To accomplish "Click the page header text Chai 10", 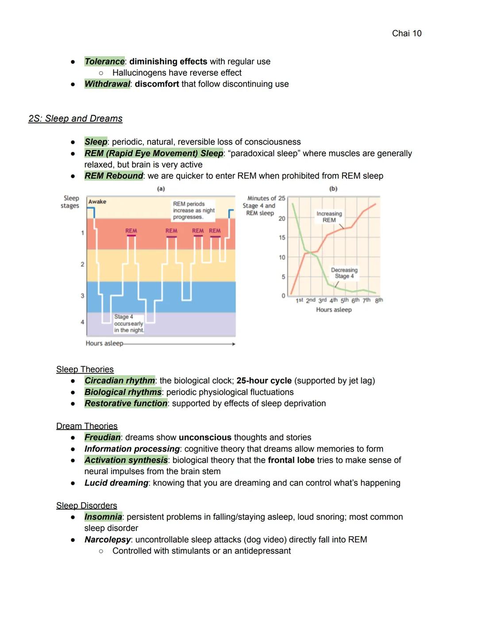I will coord(406,33).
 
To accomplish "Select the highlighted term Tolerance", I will coord(104,61).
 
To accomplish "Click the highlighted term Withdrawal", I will coord(107,84).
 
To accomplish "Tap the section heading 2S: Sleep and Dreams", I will coord(75,119).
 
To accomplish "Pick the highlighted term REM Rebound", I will coord(114,176).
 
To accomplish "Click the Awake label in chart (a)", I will coord(97,202).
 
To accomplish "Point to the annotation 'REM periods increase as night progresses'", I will coord(194,211).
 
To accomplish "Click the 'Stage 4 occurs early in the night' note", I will coord(128,323).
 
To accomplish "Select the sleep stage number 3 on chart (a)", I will coord(82,296).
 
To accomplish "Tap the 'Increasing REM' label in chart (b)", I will coord(329,217).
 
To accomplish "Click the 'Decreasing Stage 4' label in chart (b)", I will coord(344,273).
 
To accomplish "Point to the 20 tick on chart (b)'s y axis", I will coord(282,219).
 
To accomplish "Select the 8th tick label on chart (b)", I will coord(379,300).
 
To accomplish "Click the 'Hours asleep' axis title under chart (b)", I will coord(334,310).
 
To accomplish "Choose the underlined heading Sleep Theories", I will coord(85,369).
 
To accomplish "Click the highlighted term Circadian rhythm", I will coord(119,381).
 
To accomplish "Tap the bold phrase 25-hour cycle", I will coord(264,381).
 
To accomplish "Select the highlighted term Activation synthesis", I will coord(126,460).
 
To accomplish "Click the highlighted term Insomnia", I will coord(103,517).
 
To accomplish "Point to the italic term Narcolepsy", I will coord(108,540).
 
